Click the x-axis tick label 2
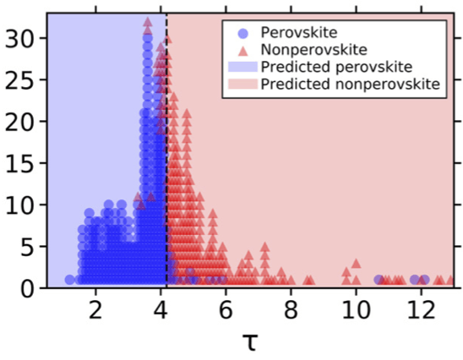(x=95, y=310)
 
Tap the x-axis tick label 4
(x=161, y=310)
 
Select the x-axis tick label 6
(x=226, y=310)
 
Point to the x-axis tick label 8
(x=291, y=310)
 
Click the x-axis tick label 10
(x=356, y=310)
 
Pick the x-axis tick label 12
(x=422, y=310)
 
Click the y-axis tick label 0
(x=28, y=288)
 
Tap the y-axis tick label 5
(x=28, y=247)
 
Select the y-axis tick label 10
(x=20, y=205)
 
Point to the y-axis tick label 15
(x=20, y=163)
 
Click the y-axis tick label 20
(x=20, y=122)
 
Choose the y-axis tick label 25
(x=20, y=80)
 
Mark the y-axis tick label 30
(x=20, y=38)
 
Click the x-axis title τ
(x=250, y=342)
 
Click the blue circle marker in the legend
(x=242, y=33)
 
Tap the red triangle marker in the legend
(x=242, y=51)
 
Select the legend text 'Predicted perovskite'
(x=336, y=67)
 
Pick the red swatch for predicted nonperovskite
(x=242, y=84)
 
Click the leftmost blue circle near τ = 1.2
(x=69, y=280)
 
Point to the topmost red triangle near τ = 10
(x=356, y=263)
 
